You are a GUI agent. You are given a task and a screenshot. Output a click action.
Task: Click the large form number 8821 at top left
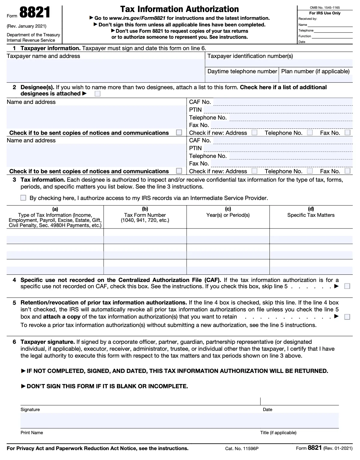pyautogui.click(x=35, y=13)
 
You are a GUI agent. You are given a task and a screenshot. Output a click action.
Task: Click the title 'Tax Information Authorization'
pyautogui.click(x=179, y=9)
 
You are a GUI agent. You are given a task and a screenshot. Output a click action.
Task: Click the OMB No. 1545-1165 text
pyautogui.click(x=325, y=8)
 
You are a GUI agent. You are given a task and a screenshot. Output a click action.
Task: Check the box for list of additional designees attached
pyautogui.click(x=97, y=94)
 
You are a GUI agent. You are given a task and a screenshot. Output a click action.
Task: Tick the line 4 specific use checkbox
pyautogui.click(x=347, y=286)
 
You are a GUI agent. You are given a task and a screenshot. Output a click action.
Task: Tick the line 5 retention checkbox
pyautogui.click(x=347, y=317)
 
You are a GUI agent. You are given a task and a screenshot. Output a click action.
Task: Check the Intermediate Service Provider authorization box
pyautogui.click(x=23, y=198)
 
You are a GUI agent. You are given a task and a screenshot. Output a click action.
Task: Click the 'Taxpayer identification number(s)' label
pyautogui.click(x=250, y=56)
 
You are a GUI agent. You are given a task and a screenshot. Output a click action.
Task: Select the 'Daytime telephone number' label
pyautogui.click(x=242, y=71)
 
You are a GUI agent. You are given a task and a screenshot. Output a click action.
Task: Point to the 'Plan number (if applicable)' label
pyautogui.click(x=315, y=71)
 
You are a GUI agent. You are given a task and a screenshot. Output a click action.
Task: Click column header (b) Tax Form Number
pyautogui.click(x=145, y=215)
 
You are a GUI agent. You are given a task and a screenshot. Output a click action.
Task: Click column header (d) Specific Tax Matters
pyautogui.click(x=311, y=215)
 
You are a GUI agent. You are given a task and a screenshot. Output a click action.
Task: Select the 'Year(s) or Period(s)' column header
pyautogui.click(x=228, y=215)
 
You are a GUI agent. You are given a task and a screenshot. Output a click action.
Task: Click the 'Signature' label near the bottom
pyautogui.click(x=30, y=410)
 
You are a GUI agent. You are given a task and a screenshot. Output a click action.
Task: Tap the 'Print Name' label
pyautogui.click(x=32, y=433)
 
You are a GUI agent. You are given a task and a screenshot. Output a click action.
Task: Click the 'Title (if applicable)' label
pyautogui.click(x=278, y=433)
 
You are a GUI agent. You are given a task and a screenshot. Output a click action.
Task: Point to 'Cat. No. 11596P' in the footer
pyautogui.click(x=242, y=449)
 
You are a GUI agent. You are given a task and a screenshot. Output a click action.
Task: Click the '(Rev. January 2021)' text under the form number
pyautogui.click(x=26, y=26)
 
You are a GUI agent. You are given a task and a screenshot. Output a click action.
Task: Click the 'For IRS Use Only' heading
pyautogui.click(x=325, y=13)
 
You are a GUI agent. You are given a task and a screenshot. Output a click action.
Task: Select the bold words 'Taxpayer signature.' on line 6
pyautogui.click(x=47, y=342)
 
